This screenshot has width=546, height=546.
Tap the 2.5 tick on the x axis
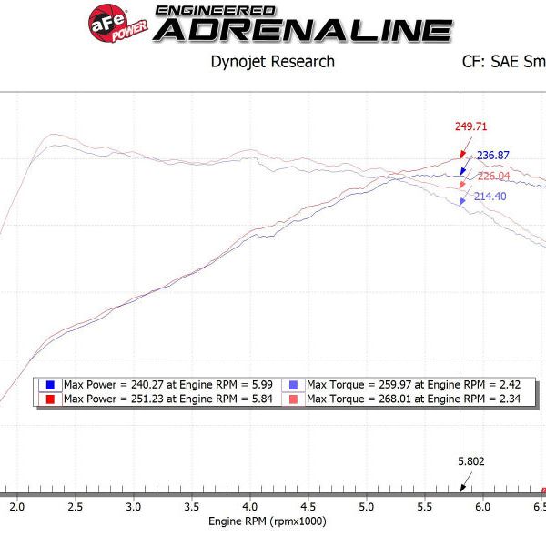pyautogui.click(x=76, y=506)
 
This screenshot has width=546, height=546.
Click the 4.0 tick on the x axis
pyautogui.click(x=249, y=506)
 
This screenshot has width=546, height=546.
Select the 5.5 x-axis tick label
pyautogui.click(x=423, y=506)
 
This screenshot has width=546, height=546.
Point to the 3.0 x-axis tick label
pyautogui.click(x=134, y=506)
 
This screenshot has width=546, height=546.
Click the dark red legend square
pyautogui.click(x=49, y=399)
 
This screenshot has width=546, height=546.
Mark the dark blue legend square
pyautogui.click(x=49, y=385)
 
